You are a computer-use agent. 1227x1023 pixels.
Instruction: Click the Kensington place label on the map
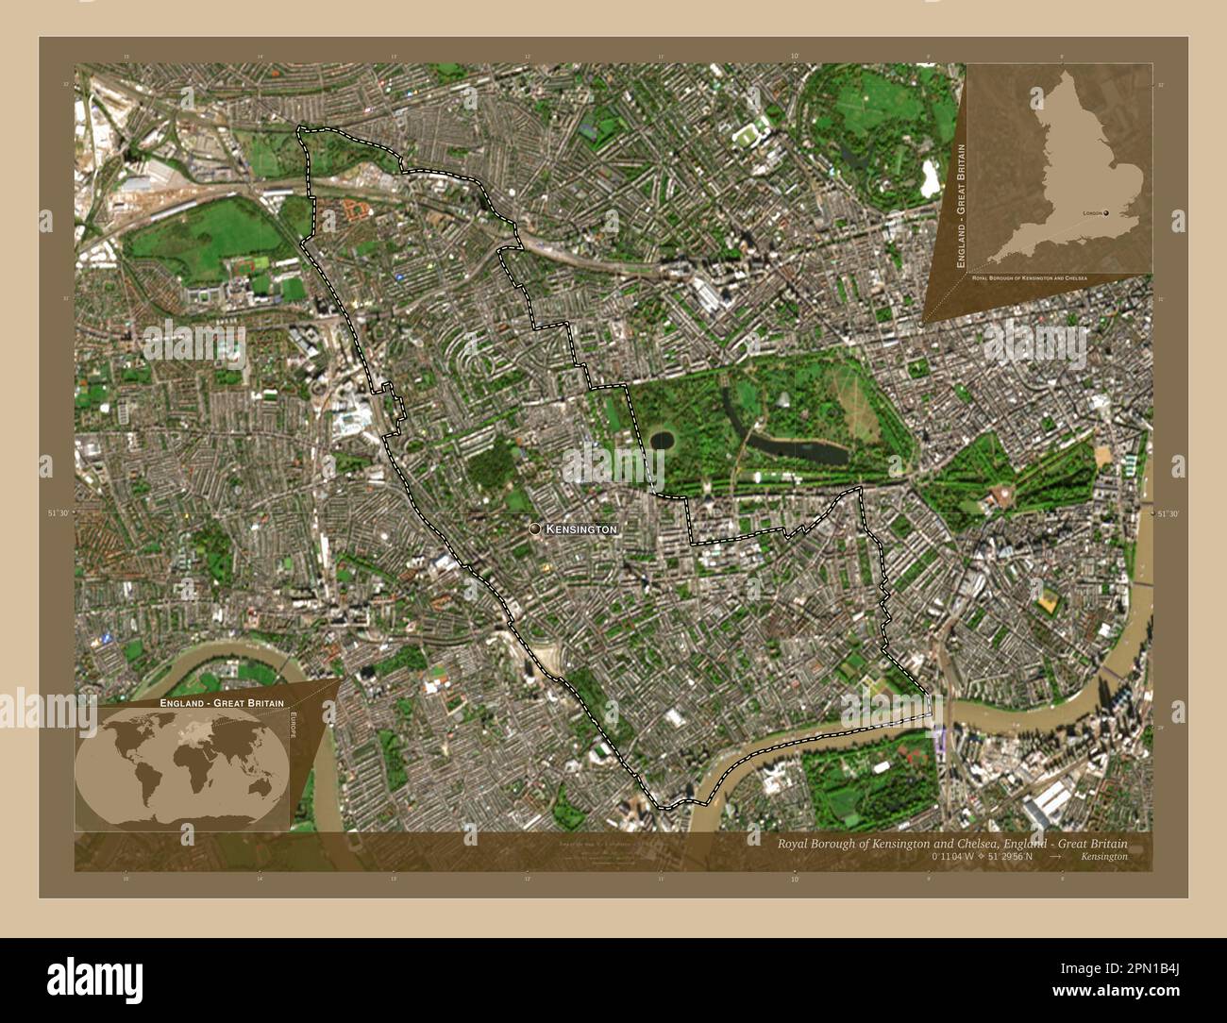click(581, 529)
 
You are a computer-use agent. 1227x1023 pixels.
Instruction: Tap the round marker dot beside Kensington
click(535, 529)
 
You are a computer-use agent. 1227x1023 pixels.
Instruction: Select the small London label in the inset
click(1092, 215)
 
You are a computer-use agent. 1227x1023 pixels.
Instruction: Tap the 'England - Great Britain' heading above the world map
click(215, 704)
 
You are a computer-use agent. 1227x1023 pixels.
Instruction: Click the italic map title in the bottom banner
click(950, 844)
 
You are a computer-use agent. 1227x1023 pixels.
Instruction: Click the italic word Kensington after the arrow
click(1103, 857)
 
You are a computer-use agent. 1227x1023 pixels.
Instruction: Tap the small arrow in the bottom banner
click(1056, 857)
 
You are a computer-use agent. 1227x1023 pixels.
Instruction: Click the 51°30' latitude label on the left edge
click(59, 512)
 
